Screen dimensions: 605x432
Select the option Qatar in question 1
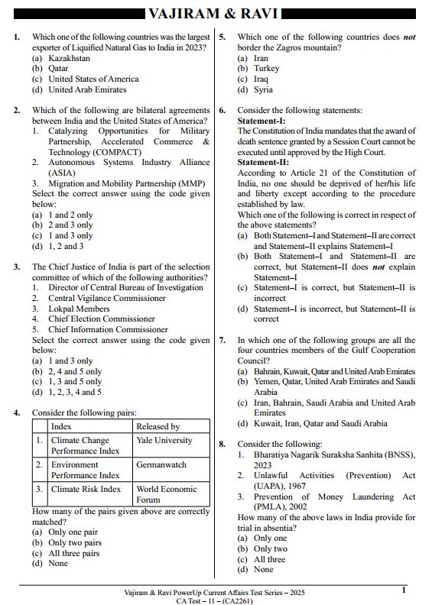[x=60, y=68]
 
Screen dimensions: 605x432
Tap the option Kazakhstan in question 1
[x=69, y=57]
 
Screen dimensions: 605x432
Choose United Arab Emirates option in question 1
[x=87, y=89]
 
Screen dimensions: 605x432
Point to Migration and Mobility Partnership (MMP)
[x=127, y=184]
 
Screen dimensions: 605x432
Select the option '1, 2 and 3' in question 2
[x=66, y=247]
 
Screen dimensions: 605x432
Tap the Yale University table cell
[x=164, y=440]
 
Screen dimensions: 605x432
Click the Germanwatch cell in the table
[x=161, y=464]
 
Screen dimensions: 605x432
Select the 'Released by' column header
[x=158, y=426]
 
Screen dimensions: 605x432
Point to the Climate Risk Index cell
[x=86, y=489]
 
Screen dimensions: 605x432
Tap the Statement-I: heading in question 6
[x=261, y=121]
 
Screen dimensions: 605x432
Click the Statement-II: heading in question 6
[x=263, y=163]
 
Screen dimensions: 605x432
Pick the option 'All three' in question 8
[x=269, y=559]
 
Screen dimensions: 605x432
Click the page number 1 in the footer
[x=404, y=590]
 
